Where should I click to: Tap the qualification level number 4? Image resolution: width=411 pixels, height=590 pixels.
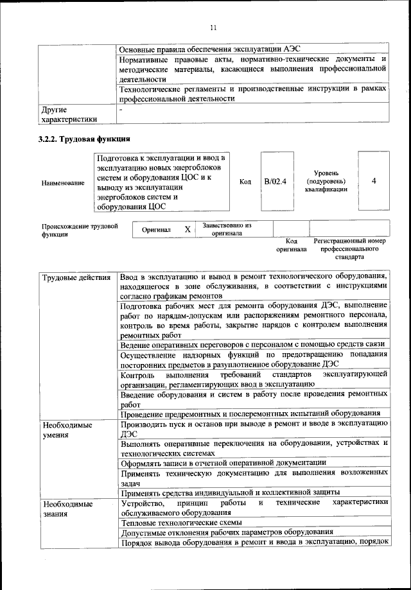pos(374,182)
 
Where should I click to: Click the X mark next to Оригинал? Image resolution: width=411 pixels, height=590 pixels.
pos(188,229)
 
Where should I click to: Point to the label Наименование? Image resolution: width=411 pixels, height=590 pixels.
pos(63,183)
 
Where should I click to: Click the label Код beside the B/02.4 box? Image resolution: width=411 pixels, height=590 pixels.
pos(245,182)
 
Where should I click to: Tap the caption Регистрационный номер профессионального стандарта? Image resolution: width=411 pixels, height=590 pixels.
pos(349,248)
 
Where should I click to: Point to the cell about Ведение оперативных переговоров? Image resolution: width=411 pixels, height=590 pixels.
pos(252,345)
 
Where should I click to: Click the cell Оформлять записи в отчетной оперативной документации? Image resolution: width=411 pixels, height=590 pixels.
pos(223,462)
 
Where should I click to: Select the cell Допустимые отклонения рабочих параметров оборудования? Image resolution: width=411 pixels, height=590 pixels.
pos(226,533)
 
